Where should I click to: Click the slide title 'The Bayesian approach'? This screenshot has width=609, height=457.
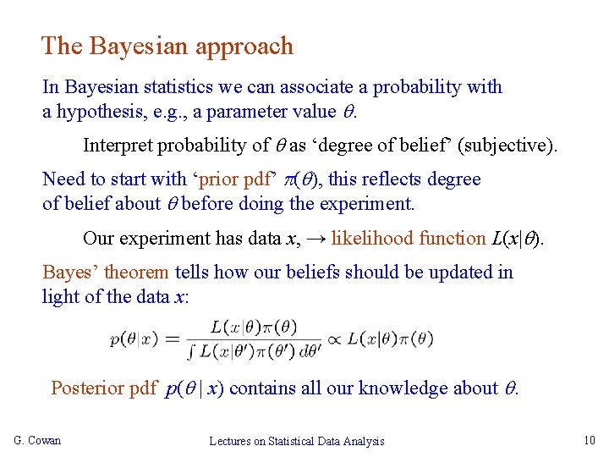click(167, 46)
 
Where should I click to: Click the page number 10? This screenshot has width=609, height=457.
click(590, 440)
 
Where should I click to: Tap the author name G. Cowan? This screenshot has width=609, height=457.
click(37, 440)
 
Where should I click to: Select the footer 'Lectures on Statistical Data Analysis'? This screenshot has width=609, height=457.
click(297, 441)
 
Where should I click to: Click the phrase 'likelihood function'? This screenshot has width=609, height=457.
click(409, 239)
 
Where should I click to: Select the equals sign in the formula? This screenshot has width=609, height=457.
click(173, 339)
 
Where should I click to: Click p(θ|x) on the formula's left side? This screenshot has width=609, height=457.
click(134, 339)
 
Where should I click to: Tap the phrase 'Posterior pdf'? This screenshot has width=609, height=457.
click(103, 388)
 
